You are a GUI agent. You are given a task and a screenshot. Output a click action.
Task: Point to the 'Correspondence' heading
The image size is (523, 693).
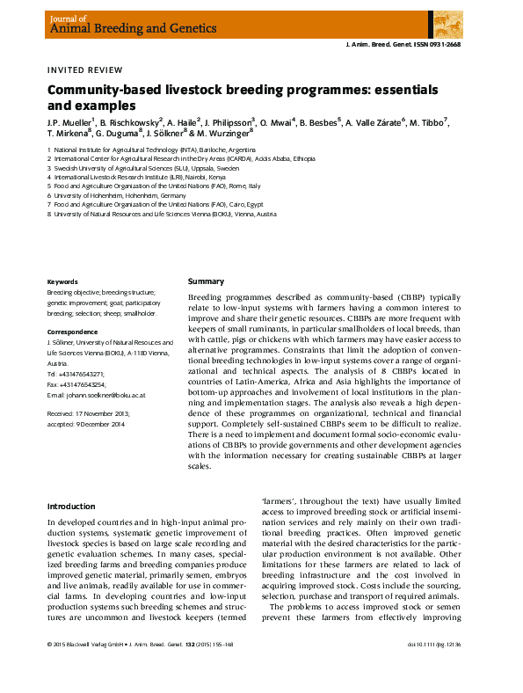tap(72, 332)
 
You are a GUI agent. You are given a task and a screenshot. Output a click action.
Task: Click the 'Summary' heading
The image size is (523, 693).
tap(206, 281)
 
